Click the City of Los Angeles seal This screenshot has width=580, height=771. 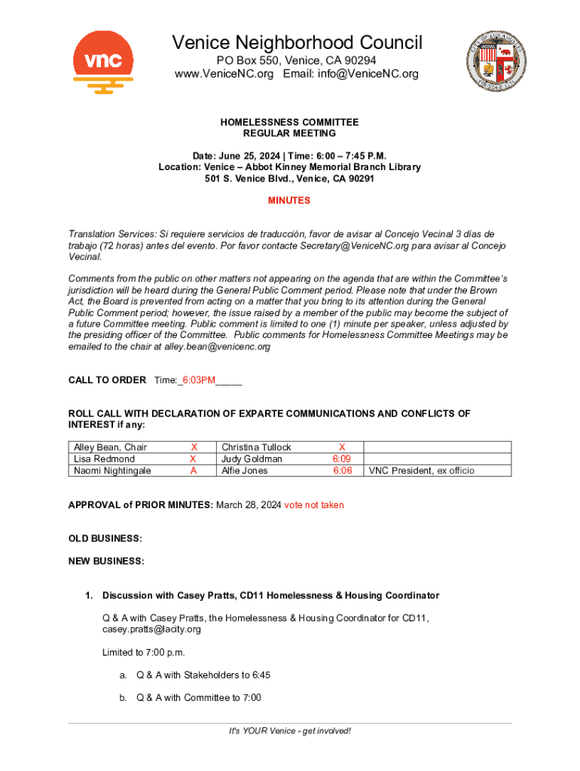[x=496, y=62]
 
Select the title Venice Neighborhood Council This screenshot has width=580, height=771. [x=297, y=43]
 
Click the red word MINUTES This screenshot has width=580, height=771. [x=289, y=201]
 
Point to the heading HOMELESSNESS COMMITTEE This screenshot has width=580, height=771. [x=289, y=122]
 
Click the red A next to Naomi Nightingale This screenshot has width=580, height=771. [x=194, y=471]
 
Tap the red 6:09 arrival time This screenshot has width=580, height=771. [x=343, y=459]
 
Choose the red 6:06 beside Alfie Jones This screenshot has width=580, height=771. [x=343, y=471]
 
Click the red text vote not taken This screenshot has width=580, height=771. [x=313, y=505]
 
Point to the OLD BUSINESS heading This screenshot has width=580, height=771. [x=105, y=538]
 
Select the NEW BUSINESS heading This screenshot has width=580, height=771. [x=106, y=561]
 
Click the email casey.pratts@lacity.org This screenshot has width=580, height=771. [x=151, y=629]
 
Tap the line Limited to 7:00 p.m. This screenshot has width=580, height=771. [x=143, y=652]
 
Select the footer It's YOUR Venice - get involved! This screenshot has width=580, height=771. [x=290, y=731]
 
